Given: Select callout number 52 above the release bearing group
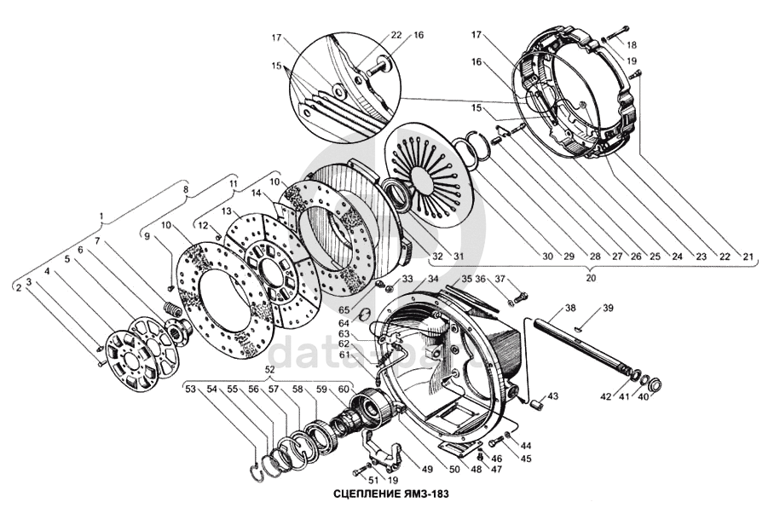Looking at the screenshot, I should point(270,370).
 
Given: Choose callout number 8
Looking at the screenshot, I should point(186,190).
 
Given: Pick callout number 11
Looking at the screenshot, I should point(232,182).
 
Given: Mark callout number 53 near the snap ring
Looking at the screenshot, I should point(190,389).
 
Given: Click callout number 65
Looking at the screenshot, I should point(344,311).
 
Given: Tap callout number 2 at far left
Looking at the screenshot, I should point(17,289).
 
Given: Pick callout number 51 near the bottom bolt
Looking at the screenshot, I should point(349,481).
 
